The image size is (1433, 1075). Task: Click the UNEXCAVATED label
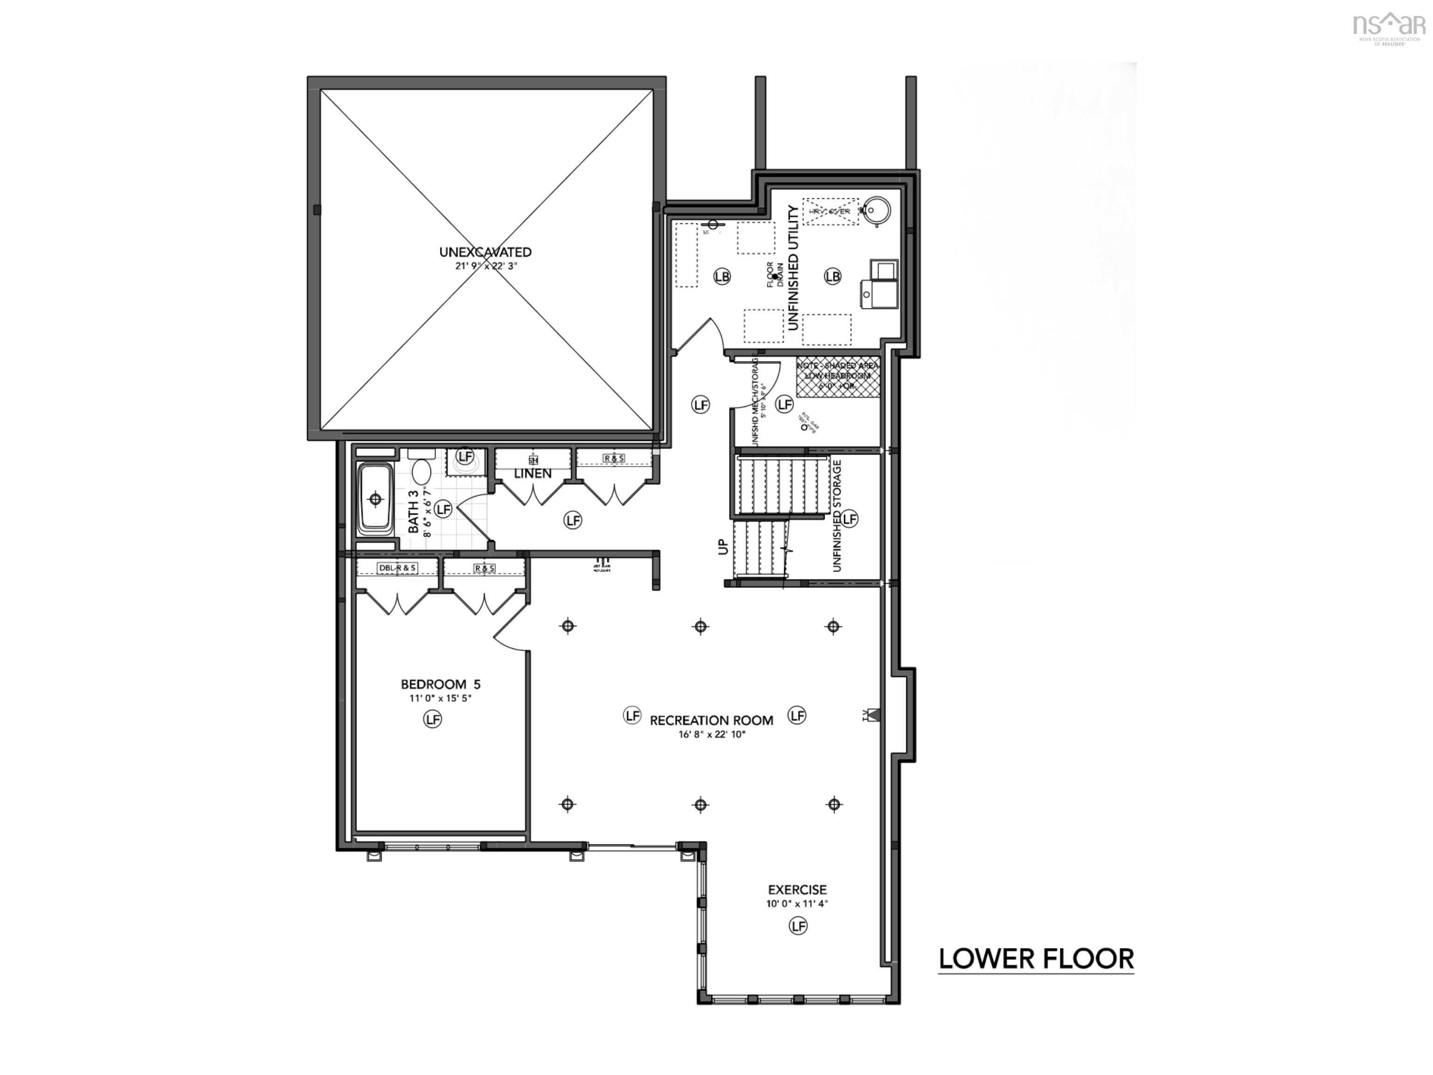pyautogui.click(x=485, y=252)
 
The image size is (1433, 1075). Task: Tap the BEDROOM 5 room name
pyautogui.click(x=440, y=684)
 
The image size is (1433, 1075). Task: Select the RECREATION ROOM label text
pyautogui.click(x=711, y=720)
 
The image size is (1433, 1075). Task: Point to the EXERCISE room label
pyautogui.click(x=798, y=890)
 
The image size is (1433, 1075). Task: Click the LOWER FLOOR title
pyautogui.click(x=1036, y=959)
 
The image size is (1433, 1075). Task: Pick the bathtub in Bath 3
pyautogui.click(x=376, y=499)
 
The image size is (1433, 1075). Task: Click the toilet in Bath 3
pyautogui.click(x=422, y=471)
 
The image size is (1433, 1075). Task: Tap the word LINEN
pyautogui.click(x=533, y=474)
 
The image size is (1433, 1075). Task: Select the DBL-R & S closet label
pyautogui.click(x=397, y=568)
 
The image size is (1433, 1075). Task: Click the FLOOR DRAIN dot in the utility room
pyautogui.click(x=775, y=277)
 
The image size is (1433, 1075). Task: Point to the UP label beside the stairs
pyautogui.click(x=723, y=546)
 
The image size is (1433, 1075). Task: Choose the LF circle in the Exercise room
pyautogui.click(x=798, y=926)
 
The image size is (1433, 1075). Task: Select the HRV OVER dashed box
pyautogui.click(x=830, y=211)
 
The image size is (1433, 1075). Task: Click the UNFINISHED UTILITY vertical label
pyautogui.click(x=793, y=268)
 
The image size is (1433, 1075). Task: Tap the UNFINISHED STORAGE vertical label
pyautogui.click(x=836, y=516)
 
